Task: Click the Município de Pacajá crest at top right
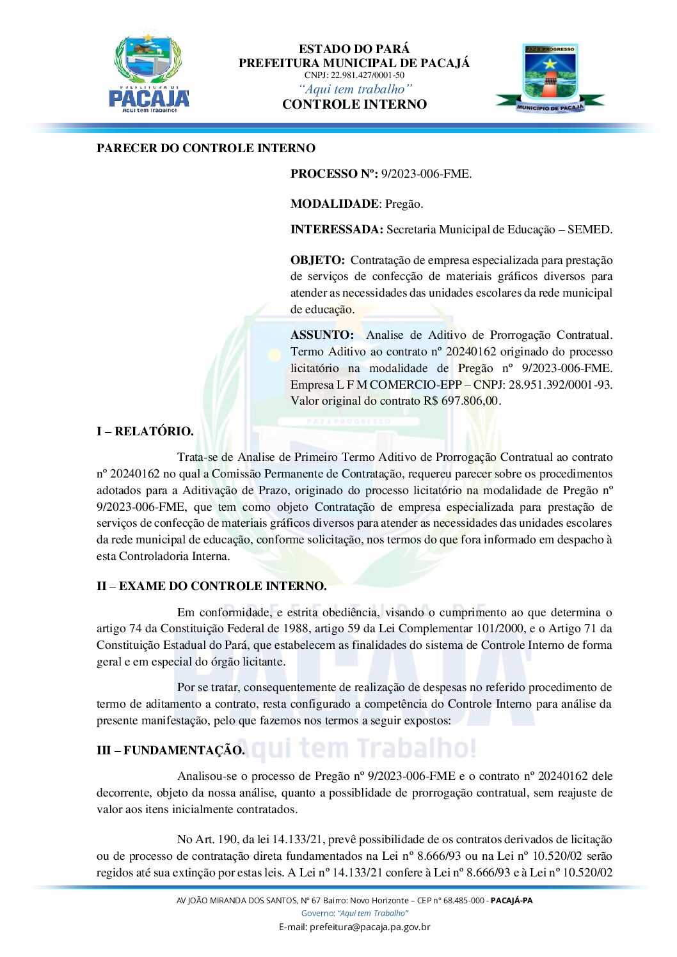[x=550, y=77]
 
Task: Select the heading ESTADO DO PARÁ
[x=354, y=49]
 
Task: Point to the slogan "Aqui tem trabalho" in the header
[x=354, y=89]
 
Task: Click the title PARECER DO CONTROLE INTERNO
[x=205, y=148]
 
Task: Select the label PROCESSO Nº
[x=333, y=174]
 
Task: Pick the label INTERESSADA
[x=337, y=230]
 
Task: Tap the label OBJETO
[x=317, y=260]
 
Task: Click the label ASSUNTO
[x=322, y=335]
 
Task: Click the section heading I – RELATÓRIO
[x=145, y=432]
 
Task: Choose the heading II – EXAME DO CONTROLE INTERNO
[x=211, y=586]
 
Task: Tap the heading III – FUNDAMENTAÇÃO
[x=170, y=751]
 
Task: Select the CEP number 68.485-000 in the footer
[x=459, y=901]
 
